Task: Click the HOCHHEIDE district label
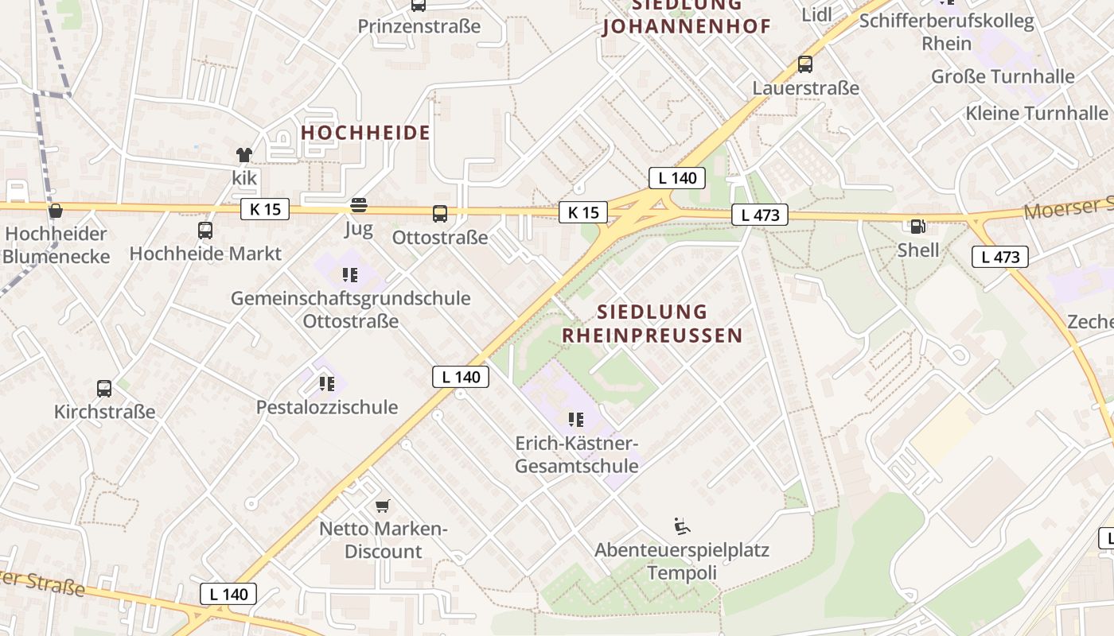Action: pos(366,133)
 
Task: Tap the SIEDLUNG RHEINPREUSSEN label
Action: pos(652,324)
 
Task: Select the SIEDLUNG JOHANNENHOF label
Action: pos(687,16)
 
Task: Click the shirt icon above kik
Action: pos(243,155)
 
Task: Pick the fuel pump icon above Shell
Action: pos(917,227)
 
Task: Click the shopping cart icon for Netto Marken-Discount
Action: pos(383,506)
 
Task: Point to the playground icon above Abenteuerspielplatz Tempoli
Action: pos(682,526)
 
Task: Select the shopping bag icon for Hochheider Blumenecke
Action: pos(56,211)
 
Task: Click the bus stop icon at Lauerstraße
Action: pos(805,64)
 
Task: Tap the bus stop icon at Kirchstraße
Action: pos(104,389)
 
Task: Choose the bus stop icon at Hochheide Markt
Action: pos(205,231)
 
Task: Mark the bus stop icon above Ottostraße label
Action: pos(440,213)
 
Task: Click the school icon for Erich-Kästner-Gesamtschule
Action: pos(576,419)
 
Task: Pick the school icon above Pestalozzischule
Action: pos(326,384)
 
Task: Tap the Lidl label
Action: pos(816,14)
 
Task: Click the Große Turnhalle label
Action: pos(1003,77)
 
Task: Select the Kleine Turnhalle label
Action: pos(1036,113)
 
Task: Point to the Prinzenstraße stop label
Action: pos(419,26)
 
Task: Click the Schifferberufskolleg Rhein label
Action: pos(947,32)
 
